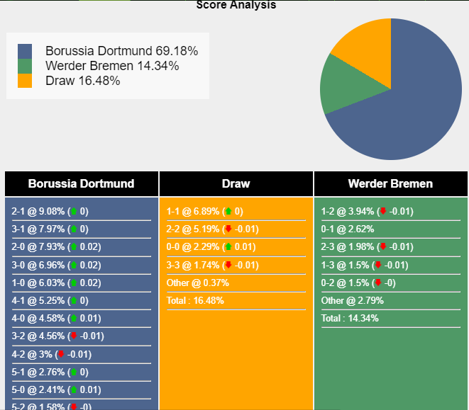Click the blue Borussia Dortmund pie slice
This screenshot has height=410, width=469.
click(412, 106)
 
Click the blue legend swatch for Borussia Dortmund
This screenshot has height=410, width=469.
click(25, 51)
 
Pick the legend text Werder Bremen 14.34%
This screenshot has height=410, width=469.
click(111, 66)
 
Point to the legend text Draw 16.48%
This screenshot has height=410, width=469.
click(82, 81)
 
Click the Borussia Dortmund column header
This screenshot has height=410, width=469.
click(81, 183)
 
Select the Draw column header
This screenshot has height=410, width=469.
click(236, 183)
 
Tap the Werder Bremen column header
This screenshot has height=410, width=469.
click(390, 183)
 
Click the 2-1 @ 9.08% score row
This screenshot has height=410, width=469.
click(50, 211)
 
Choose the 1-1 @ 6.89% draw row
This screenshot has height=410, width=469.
click(204, 211)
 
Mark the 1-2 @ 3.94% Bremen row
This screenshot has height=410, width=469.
click(367, 211)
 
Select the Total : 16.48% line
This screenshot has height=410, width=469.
click(196, 300)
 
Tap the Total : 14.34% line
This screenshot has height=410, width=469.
click(351, 318)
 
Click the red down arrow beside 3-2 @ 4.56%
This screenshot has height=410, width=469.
click(73, 336)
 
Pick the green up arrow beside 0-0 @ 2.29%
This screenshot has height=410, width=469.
click(228, 247)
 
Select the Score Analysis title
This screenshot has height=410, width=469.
click(236, 5)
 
